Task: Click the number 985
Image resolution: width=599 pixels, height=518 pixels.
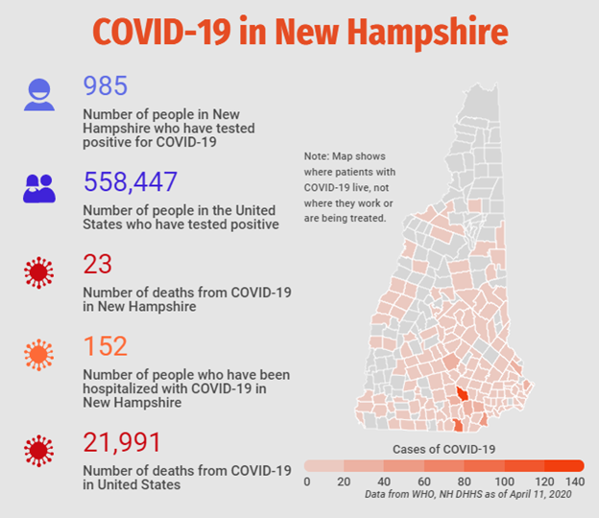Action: pyautogui.click(x=106, y=85)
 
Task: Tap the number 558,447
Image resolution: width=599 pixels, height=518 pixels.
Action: pyautogui.click(x=131, y=181)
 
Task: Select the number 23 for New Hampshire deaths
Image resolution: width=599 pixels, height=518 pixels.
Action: pyautogui.click(x=98, y=264)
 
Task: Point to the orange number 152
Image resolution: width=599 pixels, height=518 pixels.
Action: pyautogui.click(x=106, y=346)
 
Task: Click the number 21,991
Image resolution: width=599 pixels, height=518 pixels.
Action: pyautogui.click(x=122, y=442)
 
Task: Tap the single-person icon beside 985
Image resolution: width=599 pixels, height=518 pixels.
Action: pyautogui.click(x=39, y=95)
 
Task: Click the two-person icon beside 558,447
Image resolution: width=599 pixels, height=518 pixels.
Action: pyautogui.click(x=39, y=189)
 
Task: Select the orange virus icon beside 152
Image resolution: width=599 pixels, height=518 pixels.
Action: pyautogui.click(x=39, y=355)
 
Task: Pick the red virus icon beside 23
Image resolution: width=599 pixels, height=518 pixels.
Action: pyautogui.click(x=39, y=272)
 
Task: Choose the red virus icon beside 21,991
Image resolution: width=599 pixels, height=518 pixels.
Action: pyautogui.click(x=39, y=451)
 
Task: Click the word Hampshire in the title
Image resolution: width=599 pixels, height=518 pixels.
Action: pyautogui.click(x=428, y=33)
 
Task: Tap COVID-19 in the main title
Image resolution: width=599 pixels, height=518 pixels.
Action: pyautogui.click(x=161, y=32)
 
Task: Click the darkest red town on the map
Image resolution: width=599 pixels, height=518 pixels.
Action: pyautogui.click(x=463, y=393)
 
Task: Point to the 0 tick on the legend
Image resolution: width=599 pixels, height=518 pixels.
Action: pyautogui.click(x=307, y=482)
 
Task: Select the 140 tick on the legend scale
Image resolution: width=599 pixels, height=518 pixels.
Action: pyautogui.click(x=575, y=482)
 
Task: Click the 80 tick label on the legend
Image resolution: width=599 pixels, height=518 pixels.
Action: pyautogui.click(x=465, y=482)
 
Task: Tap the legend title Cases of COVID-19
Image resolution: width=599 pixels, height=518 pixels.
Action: pyautogui.click(x=443, y=449)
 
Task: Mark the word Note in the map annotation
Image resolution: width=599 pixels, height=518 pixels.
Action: pyautogui.click(x=317, y=156)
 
